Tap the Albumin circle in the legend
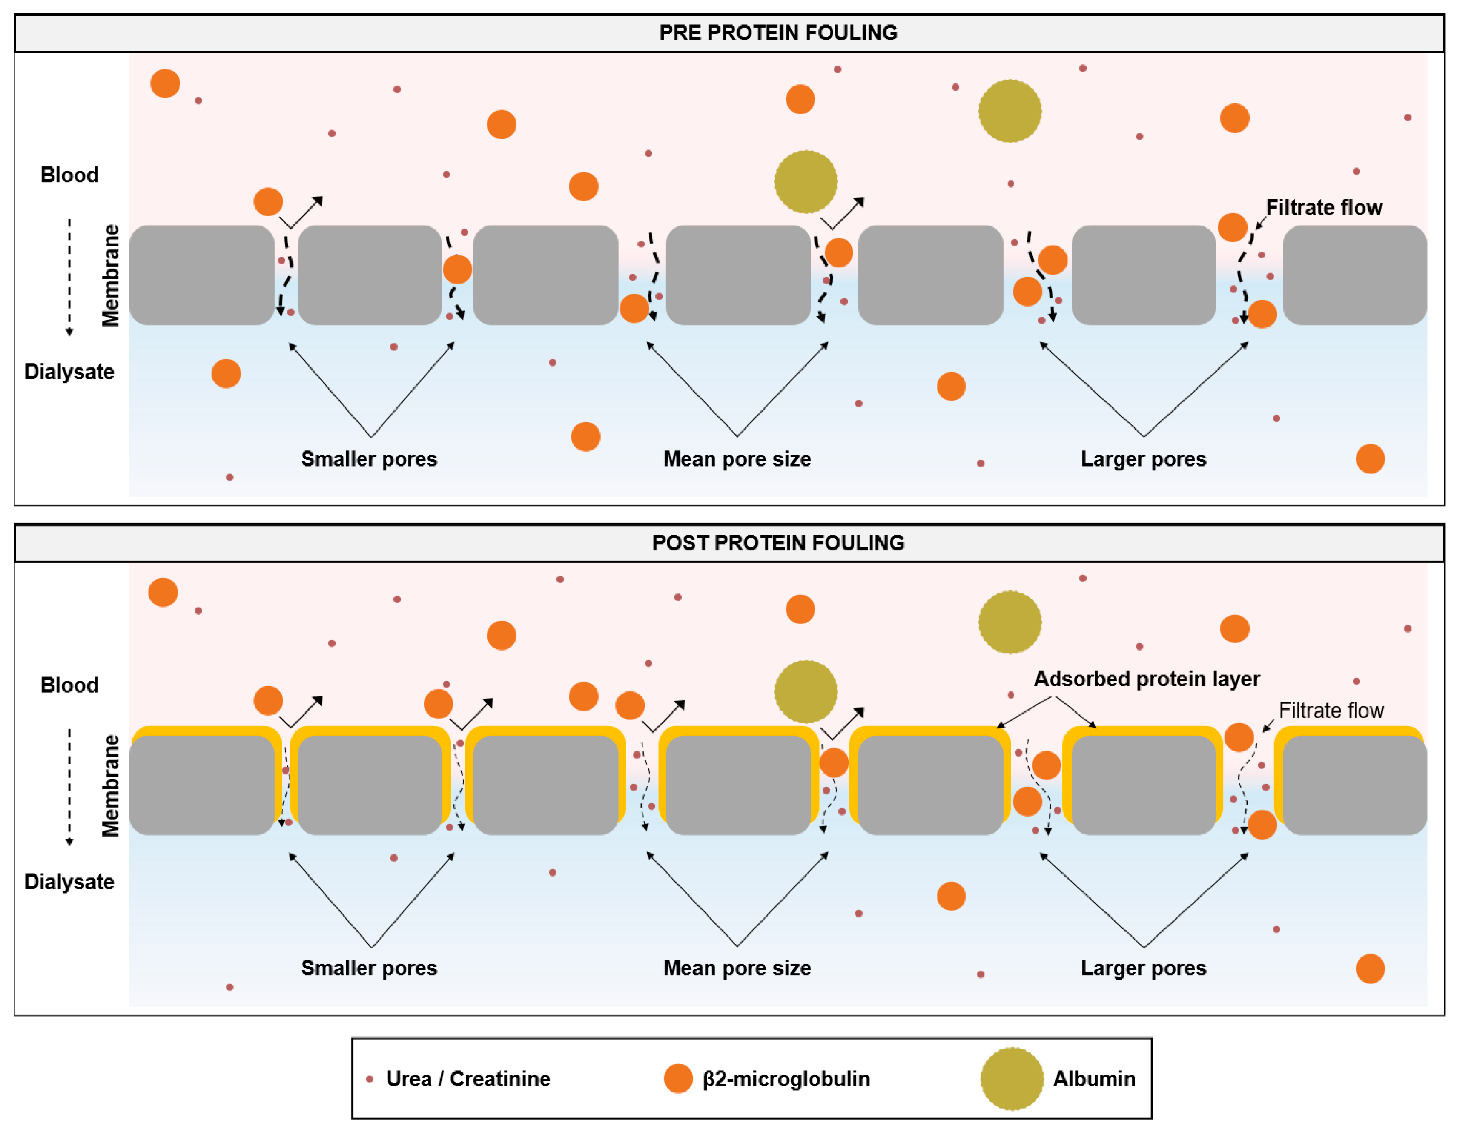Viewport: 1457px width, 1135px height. coord(1011,1078)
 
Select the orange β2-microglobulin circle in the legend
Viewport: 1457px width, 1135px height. coord(678,1078)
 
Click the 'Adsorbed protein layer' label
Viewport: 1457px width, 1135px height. coord(1146,679)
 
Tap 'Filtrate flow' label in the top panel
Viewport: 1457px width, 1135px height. coord(1324,207)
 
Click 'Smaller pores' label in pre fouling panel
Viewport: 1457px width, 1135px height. coord(369,459)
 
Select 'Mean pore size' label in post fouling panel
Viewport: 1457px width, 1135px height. coord(737,968)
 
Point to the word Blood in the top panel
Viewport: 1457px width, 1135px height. coord(69,175)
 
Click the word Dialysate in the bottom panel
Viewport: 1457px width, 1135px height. coord(69,882)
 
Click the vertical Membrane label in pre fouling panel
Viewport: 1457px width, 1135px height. coord(110,275)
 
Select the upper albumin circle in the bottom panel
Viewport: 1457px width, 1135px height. coord(1010,622)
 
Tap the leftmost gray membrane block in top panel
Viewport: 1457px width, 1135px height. coord(201,275)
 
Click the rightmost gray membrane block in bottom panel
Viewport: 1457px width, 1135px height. coord(1354,785)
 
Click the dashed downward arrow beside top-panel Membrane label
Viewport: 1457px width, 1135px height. coord(69,277)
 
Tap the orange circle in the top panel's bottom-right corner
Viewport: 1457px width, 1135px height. coord(1370,459)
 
